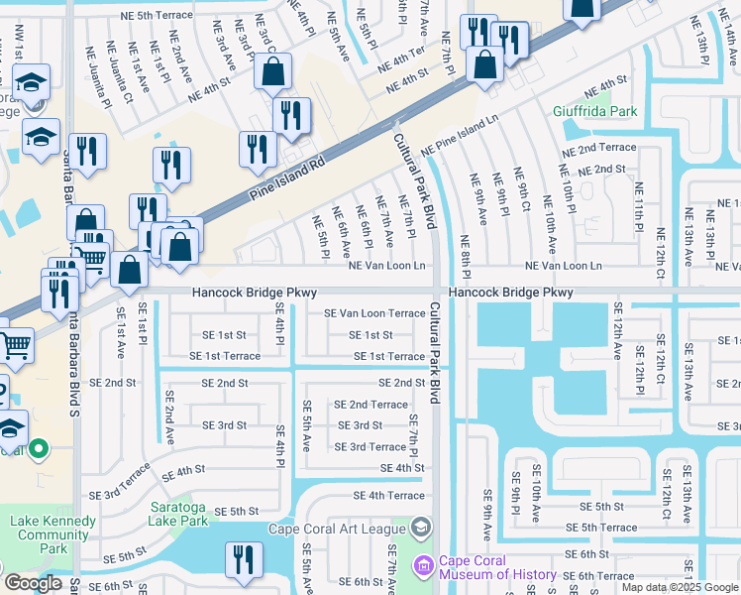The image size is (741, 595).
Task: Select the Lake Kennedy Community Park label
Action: (54, 535)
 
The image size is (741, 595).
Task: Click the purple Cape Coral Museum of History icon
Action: (424, 566)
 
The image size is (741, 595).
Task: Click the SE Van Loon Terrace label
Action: (375, 313)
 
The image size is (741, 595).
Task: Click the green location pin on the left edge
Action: (39, 450)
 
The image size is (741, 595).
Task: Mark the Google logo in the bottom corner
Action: (32, 583)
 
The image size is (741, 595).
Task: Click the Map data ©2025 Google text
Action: (679, 587)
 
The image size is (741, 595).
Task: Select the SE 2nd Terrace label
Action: (370, 405)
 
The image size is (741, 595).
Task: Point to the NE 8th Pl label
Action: (465, 256)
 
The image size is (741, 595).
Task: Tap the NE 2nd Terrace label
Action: (591, 148)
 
